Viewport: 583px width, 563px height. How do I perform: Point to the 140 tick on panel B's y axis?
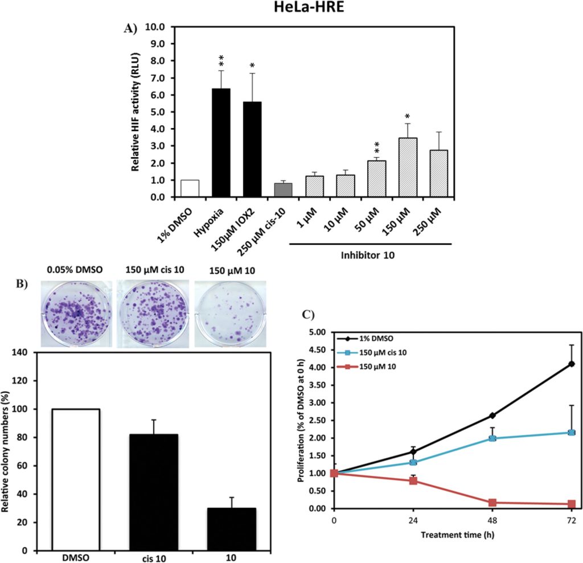[23, 353]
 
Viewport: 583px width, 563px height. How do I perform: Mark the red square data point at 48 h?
[492, 503]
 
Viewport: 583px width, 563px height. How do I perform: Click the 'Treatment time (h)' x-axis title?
[453, 535]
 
